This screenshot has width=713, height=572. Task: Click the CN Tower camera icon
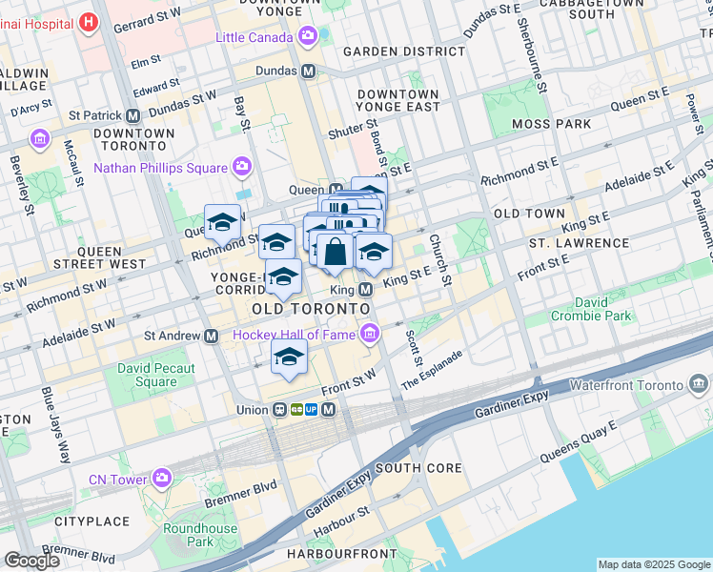click(162, 477)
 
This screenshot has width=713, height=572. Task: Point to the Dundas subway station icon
click(309, 71)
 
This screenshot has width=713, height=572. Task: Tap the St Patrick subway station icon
click(132, 115)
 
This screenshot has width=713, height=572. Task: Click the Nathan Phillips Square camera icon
click(242, 168)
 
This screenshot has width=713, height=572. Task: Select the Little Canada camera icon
click(307, 36)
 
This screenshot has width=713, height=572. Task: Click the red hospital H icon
click(89, 20)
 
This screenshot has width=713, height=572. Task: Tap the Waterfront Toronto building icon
click(698, 384)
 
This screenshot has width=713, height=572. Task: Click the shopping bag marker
click(336, 254)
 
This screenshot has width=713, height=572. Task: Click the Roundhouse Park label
click(187, 535)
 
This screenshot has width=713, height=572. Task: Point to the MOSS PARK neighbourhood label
click(551, 124)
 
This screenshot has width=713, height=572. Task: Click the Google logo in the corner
click(31, 561)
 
